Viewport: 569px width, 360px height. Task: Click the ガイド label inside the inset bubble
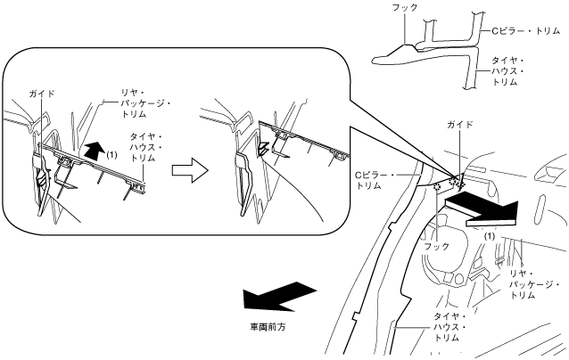(x=41, y=92)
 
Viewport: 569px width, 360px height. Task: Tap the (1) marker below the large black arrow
(x=489, y=236)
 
